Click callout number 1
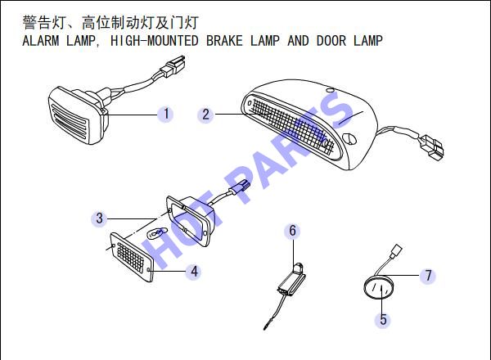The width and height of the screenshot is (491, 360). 166,114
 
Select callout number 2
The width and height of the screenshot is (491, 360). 205,115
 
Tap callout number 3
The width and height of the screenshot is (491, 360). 99,218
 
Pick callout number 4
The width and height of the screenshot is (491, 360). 194,272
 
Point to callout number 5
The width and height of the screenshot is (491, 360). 383,320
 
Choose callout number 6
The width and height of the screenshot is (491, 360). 292,231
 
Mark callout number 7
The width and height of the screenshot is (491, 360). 428,276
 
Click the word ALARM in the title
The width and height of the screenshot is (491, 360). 41,41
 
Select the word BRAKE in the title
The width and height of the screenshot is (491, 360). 224,41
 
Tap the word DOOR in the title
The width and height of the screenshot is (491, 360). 331,41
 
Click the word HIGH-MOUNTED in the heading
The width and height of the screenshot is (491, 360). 155,41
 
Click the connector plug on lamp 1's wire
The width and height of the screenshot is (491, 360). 173,66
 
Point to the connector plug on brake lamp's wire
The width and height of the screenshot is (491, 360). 432,147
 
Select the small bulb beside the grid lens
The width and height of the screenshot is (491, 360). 155,233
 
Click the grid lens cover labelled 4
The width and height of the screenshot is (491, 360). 132,257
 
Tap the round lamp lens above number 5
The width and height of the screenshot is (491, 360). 378,288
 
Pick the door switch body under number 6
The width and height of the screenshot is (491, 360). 291,281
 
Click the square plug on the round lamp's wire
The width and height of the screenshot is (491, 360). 396,250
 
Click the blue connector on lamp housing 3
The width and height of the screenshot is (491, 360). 240,187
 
